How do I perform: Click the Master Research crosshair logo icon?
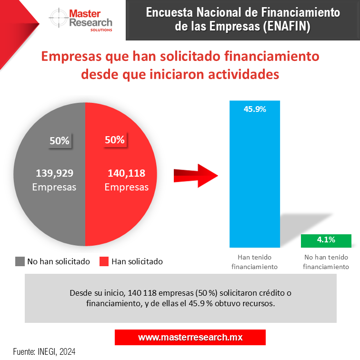(x=58, y=19)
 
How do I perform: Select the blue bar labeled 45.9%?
(x=254, y=181)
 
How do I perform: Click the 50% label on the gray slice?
(x=60, y=140)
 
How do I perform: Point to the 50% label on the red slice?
(x=114, y=140)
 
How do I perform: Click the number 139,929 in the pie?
(x=54, y=173)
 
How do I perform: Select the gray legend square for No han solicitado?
(x=20, y=261)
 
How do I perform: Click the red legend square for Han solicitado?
(x=103, y=261)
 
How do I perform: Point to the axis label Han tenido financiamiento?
(x=254, y=262)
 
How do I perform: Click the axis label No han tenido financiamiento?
(x=326, y=262)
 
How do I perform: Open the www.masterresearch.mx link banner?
(x=190, y=337)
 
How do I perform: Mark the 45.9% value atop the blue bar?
(x=254, y=109)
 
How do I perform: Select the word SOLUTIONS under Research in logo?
(x=101, y=30)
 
